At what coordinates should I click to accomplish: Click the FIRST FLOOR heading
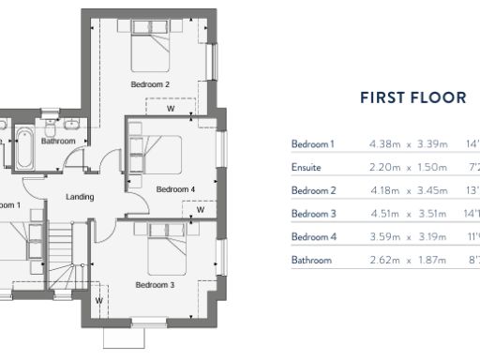tap(413, 97)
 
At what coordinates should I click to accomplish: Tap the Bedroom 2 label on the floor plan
tap(150, 84)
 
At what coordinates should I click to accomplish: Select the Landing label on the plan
tap(79, 197)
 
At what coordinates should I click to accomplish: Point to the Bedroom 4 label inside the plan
tap(175, 188)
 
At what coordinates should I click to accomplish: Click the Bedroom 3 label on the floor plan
tap(155, 284)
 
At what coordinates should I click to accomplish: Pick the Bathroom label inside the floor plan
tap(57, 141)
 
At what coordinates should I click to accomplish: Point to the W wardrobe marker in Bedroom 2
tap(170, 108)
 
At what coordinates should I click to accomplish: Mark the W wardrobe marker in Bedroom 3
tap(98, 300)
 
